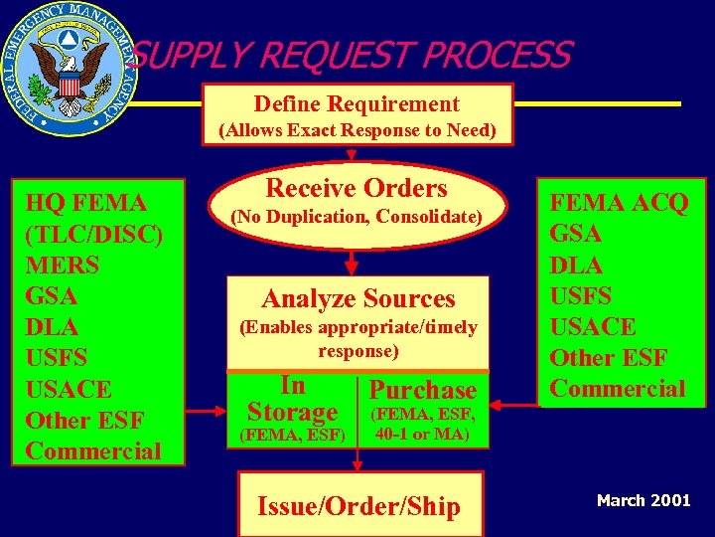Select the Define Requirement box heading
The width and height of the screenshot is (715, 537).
[x=357, y=103]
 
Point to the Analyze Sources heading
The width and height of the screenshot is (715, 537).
[x=357, y=298]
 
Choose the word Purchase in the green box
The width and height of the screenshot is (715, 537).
[x=422, y=390]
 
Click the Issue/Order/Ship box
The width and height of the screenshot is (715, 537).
[x=358, y=506]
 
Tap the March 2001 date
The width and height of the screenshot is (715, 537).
[x=643, y=500]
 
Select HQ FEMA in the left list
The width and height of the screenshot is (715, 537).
[x=86, y=203]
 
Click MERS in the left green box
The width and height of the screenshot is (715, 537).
[x=63, y=265]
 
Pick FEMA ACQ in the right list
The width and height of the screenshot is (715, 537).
[x=619, y=203]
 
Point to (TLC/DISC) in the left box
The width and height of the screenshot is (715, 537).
[x=94, y=234]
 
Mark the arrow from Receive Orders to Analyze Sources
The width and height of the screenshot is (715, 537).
[x=351, y=262]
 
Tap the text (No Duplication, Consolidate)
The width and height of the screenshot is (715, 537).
[x=357, y=216]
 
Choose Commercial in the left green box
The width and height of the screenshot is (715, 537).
[x=93, y=450]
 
